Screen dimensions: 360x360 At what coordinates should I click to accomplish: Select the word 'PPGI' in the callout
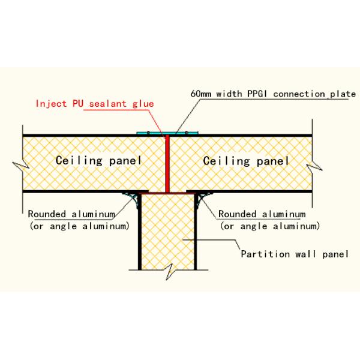click(x=261, y=94)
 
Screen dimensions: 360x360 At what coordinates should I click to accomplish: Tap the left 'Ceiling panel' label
click(x=98, y=161)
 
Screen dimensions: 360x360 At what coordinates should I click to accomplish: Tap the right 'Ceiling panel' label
click(x=246, y=161)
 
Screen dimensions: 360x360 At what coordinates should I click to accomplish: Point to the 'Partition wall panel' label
click(x=294, y=253)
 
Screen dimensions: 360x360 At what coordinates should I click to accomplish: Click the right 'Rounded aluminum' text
click(x=262, y=214)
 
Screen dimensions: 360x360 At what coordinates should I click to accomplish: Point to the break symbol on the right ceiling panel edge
click(x=313, y=162)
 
